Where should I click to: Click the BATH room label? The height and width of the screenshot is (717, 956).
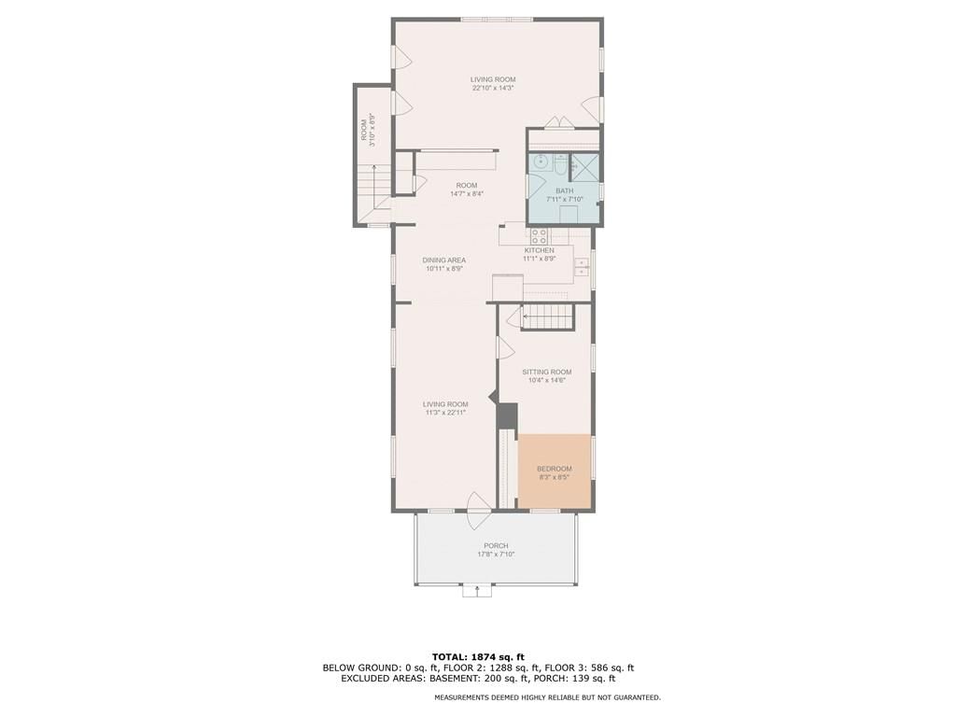point(564,190)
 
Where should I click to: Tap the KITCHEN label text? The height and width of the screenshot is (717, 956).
point(540,250)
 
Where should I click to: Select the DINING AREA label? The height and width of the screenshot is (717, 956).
point(443,260)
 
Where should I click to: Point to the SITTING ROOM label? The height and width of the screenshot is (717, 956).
point(547,372)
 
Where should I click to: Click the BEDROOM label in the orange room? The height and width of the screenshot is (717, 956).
point(555,469)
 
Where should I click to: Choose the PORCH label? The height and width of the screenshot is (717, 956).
point(496,545)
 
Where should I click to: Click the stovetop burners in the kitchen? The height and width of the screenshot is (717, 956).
point(539,236)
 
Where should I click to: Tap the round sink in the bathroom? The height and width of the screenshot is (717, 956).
point(541,162)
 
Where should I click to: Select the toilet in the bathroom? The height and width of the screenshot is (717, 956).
point(561,163)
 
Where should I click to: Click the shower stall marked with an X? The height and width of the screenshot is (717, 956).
point(584,167)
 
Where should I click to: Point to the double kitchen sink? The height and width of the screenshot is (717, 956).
point(583,266)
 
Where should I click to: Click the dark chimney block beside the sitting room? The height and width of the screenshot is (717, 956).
point(507,416)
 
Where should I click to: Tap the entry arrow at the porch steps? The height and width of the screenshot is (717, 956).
point(477,590)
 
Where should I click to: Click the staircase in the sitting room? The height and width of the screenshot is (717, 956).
point(548,317)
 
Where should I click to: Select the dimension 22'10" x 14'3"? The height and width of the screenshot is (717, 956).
point(493,88)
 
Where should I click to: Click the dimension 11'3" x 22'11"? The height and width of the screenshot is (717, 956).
point(445,413)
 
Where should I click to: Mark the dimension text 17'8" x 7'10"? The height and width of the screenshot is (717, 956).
point(496,555)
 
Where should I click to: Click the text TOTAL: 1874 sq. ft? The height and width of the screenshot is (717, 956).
point(478,656)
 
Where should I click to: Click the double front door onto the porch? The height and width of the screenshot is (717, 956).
point(479,511)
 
